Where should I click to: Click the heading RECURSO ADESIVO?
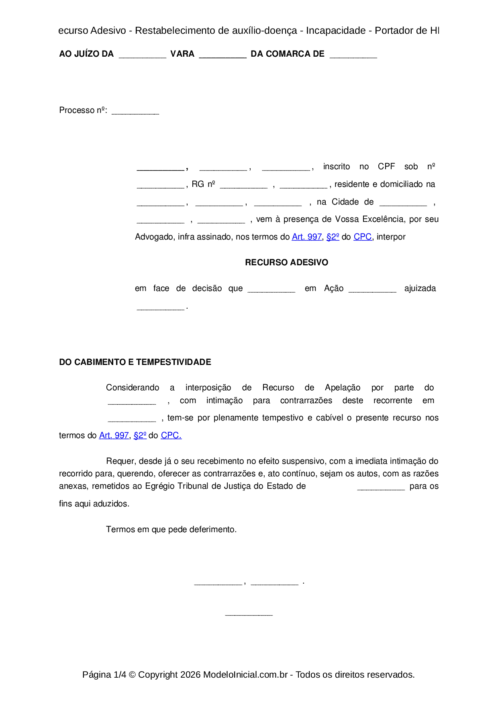click(x=286, y=262)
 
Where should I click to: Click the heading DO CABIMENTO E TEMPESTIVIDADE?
click(x=135, y=362)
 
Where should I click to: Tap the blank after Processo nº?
click(x=135, y=112)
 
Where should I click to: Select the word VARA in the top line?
click(x=182, y=54)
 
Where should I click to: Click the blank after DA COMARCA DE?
click(x=353, y=56)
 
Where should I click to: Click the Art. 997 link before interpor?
click(x=306, y=237)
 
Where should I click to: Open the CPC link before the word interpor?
click(x=362, y=237)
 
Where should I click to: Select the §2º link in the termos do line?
click(x=140, y=436)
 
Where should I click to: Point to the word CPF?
click(x=386, y=167)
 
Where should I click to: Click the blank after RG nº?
click(x=243, y=186)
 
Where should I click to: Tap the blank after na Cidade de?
click(x=403, y=204)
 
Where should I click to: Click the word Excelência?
click(x=383, y=219)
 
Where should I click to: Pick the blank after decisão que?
click(x=271, y=290)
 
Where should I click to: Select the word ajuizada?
click(x=420, y=289)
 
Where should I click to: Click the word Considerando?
click(x=133, y=388)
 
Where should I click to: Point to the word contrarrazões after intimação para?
click(x=306, y=401)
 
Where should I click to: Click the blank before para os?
click(x=381, y=488)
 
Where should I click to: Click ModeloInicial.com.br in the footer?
click(x=245, y=675)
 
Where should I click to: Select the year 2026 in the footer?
click(x=190, y=675)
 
